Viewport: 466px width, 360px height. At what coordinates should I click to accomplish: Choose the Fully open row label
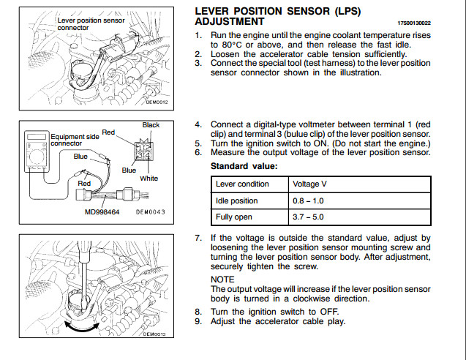235,217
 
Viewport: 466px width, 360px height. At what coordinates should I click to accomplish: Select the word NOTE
222,280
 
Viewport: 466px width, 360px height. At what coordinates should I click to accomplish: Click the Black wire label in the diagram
151,125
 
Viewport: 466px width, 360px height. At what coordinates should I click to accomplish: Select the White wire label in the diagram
149,178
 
